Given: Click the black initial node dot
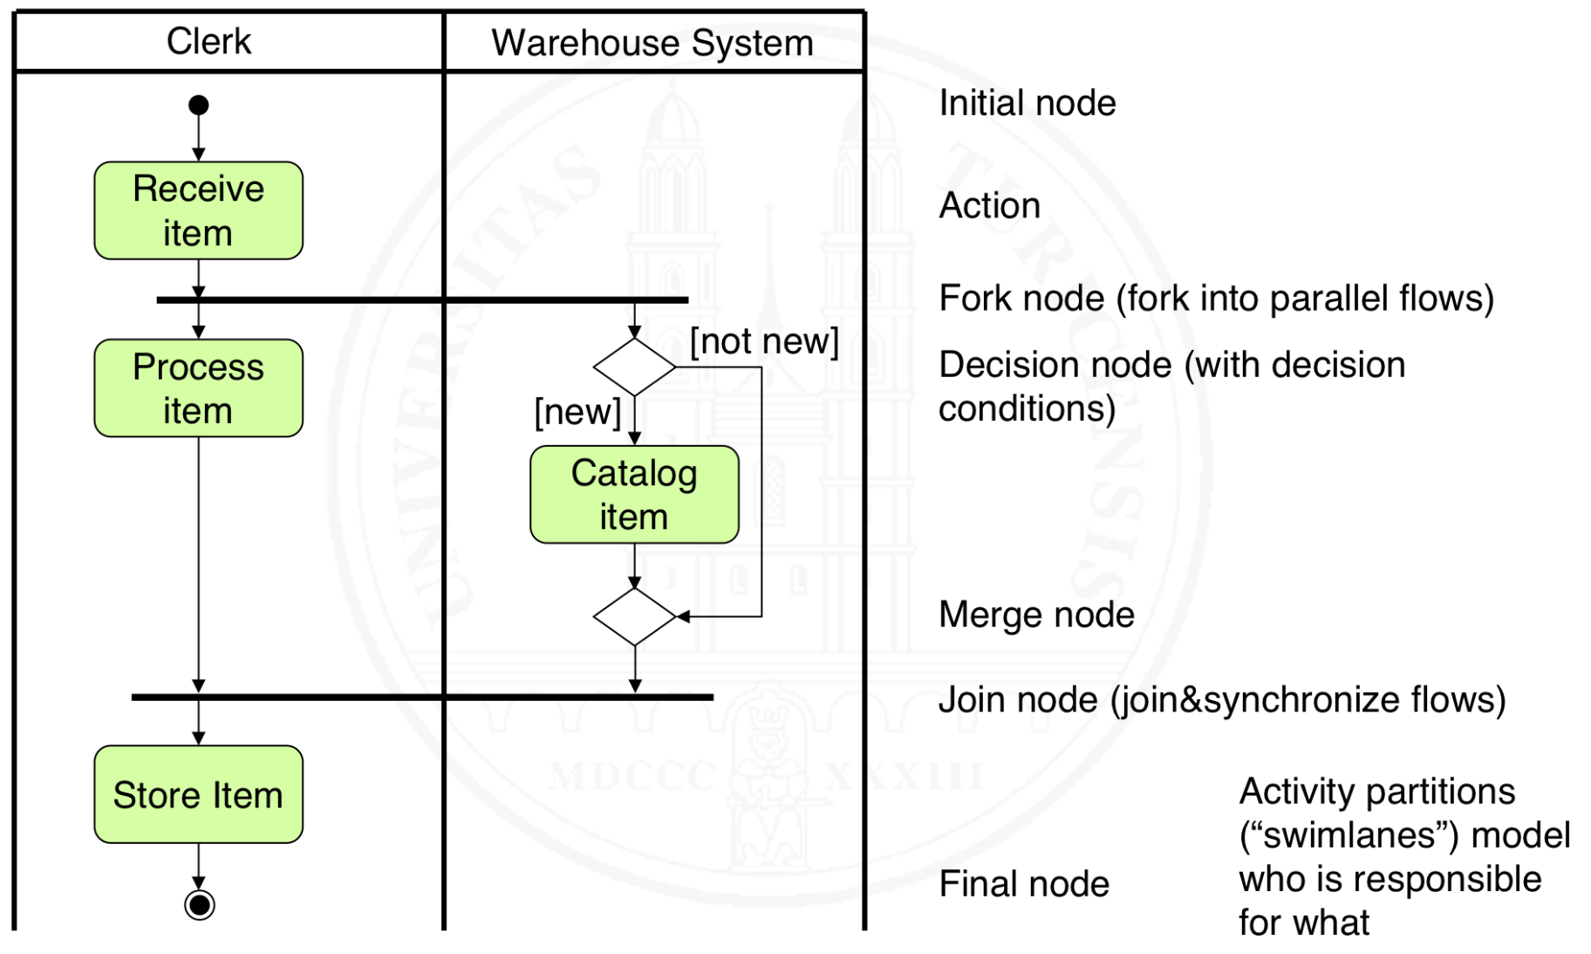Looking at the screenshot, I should pyautogui.click(x=199, y=106).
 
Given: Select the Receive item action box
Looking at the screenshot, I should pyautogui.click(x=199, y=210).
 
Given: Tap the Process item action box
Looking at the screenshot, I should pyautogui.click(x=199, y=388).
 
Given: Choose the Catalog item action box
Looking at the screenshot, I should pyautogui.click(x=634, y=495).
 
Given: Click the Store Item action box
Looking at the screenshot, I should pyautogui.click(x=199, y=794).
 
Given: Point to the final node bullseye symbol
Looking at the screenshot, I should pyautogui.click(x=200, y=905).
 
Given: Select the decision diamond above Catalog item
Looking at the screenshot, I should pyautogui.click(x=634, y=367).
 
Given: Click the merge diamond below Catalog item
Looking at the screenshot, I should pyautogui.click(x=634, y=617).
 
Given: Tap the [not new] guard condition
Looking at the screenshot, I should pyautogui.click(x=764, y=341).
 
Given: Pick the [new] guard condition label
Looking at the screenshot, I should pyautogui.click(x=577, y=411).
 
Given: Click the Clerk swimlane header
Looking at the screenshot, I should pyautogui.click(x=209, y=42).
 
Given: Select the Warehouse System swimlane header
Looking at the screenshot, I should pyautogui.click(x=652, y=43).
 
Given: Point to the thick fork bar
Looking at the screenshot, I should pyautogui.click(x=422, y=300).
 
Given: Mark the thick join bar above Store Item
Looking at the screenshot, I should pyautogui.click(x=422, y=697).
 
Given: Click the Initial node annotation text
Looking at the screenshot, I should pyautogui.click(x=1027, y=103).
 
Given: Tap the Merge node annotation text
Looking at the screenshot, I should pyautogui.click(x=1036, y=614).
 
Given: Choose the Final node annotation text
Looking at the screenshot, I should pyautogui.click(x=1024, y=884).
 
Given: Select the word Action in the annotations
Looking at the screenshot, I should pyautogui.click(x=989, y=206).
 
